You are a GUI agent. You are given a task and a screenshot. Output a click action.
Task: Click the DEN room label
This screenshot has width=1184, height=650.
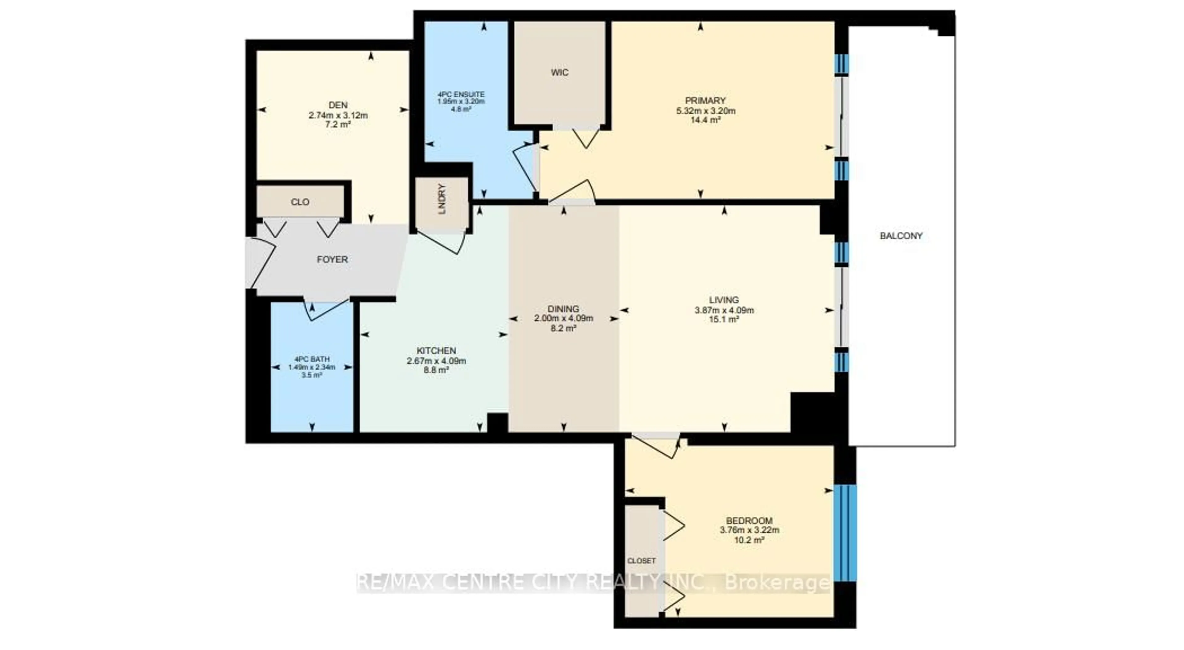click(338, 105)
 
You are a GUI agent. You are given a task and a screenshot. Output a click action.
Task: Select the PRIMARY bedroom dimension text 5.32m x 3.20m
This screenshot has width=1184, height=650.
click(705, 111)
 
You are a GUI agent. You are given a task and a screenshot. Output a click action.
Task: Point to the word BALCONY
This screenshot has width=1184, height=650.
click(901, 236)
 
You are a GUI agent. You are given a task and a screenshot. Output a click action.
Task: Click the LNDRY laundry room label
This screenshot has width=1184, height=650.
click(442, 199)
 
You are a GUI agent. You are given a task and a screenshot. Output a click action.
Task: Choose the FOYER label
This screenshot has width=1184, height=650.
click(332, 260)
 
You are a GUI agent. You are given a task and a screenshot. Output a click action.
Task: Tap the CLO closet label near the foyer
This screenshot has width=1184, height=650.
click(300, 202)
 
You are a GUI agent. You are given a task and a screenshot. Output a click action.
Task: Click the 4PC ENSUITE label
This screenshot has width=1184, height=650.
click(461, 95)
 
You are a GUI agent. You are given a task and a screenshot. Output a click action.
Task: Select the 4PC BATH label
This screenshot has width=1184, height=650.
click(312, 359)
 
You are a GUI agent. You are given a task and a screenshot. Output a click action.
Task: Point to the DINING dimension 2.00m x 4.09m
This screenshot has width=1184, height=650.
click(564, 318)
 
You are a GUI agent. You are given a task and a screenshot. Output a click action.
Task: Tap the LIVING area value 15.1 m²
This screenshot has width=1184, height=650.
click(724, 320)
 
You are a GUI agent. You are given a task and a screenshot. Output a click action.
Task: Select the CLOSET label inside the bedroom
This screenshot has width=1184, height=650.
click(641, 561)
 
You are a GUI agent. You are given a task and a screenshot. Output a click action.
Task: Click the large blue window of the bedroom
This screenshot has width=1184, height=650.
click(845, 533)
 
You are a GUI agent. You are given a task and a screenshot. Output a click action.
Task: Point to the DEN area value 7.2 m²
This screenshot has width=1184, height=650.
click(338, 124)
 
